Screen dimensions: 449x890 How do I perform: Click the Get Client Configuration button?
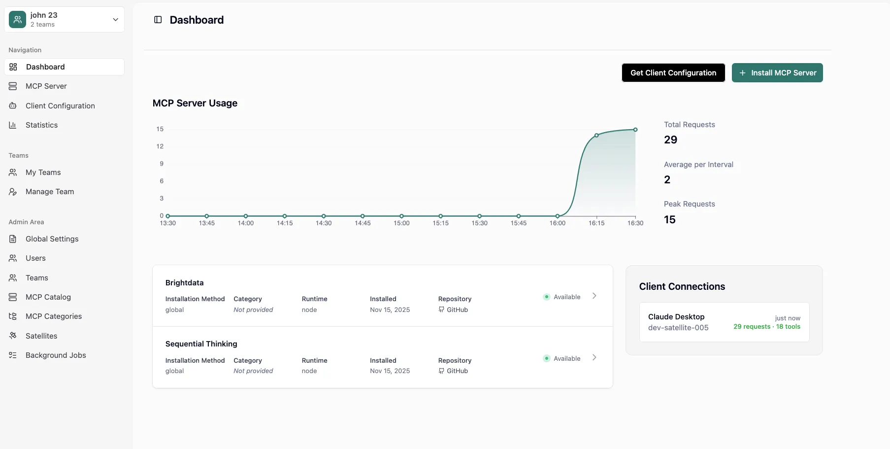point(673,73)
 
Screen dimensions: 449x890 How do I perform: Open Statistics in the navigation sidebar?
point(41,125)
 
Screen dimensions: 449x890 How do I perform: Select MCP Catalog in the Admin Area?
point(48,297)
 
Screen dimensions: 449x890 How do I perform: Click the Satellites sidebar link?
point(41,336)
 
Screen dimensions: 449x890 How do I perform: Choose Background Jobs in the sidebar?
point(56,355)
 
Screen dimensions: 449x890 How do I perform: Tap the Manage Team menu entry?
point(49,192)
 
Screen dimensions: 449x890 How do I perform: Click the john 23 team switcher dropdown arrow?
point(115,20)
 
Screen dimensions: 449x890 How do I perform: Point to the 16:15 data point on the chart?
point(596,135)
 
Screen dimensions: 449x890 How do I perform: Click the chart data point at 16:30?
point(635,130)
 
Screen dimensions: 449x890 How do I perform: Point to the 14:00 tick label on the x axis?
point(245,223)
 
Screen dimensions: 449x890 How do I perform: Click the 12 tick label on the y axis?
point(160,146)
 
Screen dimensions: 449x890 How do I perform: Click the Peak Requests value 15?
point(669,220)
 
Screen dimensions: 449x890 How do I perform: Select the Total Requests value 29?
point(670,140)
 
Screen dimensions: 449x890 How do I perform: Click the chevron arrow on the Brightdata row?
point(594,296)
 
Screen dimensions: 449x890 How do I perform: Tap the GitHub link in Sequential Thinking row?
point(457,371)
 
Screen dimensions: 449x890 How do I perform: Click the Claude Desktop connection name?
point(676,317)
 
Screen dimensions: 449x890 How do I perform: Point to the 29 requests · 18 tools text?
point(766,327)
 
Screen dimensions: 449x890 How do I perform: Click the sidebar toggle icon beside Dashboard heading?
point(158,20)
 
